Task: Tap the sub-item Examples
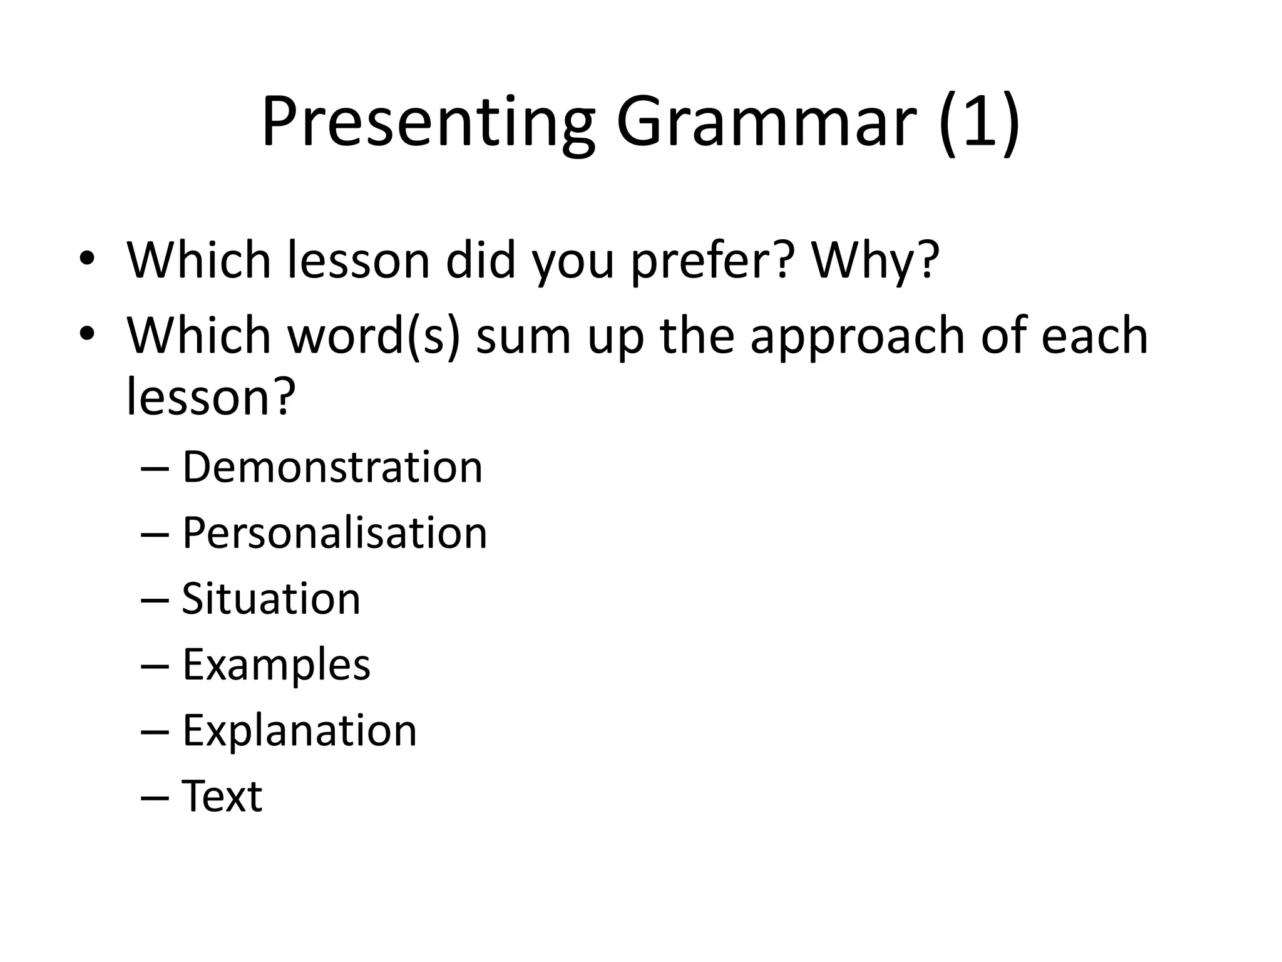[276, 665]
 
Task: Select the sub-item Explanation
[299, 730]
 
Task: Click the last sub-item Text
[222, 796]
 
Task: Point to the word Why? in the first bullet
[875, 260]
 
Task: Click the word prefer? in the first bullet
[712, 260]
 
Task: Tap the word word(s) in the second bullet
[373, 336]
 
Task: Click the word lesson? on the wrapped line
[210, 398]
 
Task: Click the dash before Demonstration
[155, 469]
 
